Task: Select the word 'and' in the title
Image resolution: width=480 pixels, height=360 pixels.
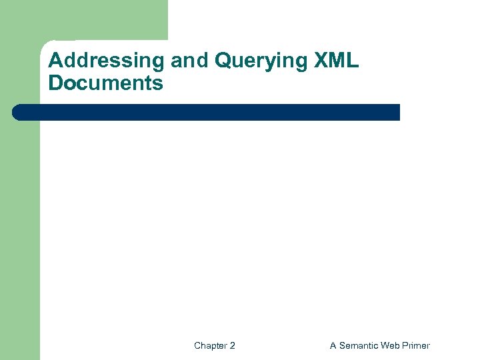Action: click(x=191, y=61)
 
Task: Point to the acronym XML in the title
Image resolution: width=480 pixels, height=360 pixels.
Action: click(x=335, y=61)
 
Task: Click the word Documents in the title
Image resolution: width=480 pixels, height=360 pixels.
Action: click(x=105, y=83)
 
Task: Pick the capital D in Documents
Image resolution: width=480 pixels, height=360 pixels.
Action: click(x=56, y=83)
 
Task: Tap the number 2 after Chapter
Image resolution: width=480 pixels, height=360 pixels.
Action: click(x=232, y=345)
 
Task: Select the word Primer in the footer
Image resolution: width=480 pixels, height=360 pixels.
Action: click(x=417, y=345)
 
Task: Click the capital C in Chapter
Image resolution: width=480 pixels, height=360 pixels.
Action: click(x=197, y=345)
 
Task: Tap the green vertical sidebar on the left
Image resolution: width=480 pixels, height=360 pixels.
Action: click(x=20, y=233)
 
